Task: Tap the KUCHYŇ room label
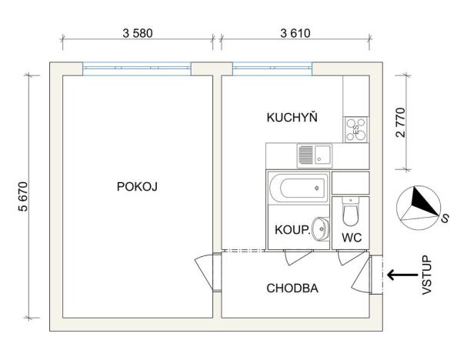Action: (292, 118)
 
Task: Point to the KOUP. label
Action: (292, 230)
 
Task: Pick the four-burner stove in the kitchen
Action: (356, 129)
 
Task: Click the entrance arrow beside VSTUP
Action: (400, 275)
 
